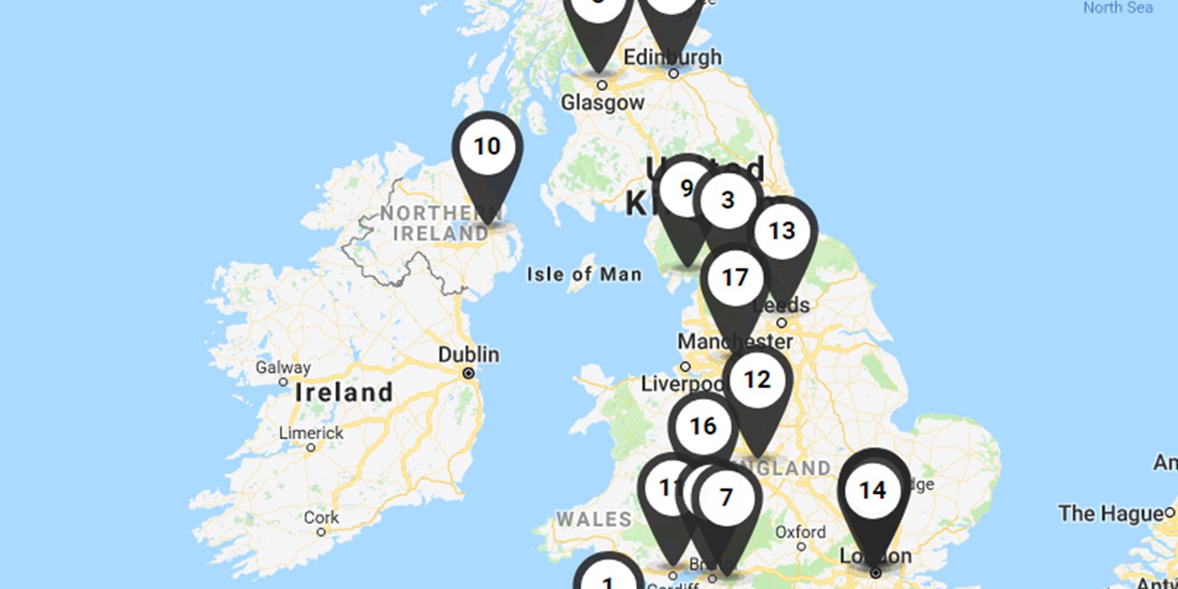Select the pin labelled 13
(x=781, y=231)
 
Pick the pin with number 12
(x=757, y=380)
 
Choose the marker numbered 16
(x=703, y=426)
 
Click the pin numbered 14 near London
(x=872, y=492)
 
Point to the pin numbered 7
(x=726, y=498)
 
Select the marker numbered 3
(x=728, y=200)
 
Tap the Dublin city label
(x=468, y=354)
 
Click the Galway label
(x=283, y=368)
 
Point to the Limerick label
(x=311, y=433)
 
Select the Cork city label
(x=321, y=518)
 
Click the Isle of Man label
(x=584, y=274)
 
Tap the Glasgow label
(x=602, y=102)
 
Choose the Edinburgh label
(x=672, y=57)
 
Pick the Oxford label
(x=800, y=531)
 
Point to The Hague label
(x=1110, y=514)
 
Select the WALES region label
(x=593, y=520)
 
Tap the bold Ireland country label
(x=344, y=392)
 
